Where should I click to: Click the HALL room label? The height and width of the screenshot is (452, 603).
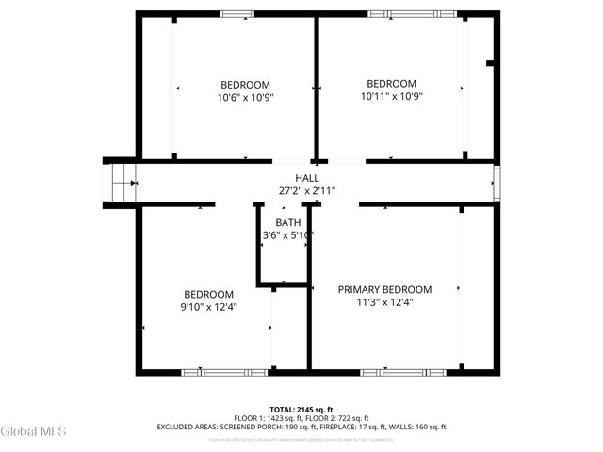coord(307,177)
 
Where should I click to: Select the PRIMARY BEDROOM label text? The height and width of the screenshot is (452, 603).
coord(384,289)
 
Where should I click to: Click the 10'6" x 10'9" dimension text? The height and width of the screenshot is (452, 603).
coord(245,96)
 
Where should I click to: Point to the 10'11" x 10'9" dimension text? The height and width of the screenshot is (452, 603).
coord(391,96)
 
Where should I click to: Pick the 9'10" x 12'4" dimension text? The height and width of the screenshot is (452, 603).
coord(208,307)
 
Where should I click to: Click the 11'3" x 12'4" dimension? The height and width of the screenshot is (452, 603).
coord(384,302)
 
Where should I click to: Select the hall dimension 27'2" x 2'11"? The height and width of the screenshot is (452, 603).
coord(307,190)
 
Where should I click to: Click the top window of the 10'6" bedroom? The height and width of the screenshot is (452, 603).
coord(236,14)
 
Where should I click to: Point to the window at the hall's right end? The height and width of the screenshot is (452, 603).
coord(496,182)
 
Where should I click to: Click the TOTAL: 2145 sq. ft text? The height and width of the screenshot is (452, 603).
coord(301,410)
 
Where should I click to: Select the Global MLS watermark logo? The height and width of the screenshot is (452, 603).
coord(34,431)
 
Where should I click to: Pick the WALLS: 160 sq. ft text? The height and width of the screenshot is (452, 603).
coord(415,427)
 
